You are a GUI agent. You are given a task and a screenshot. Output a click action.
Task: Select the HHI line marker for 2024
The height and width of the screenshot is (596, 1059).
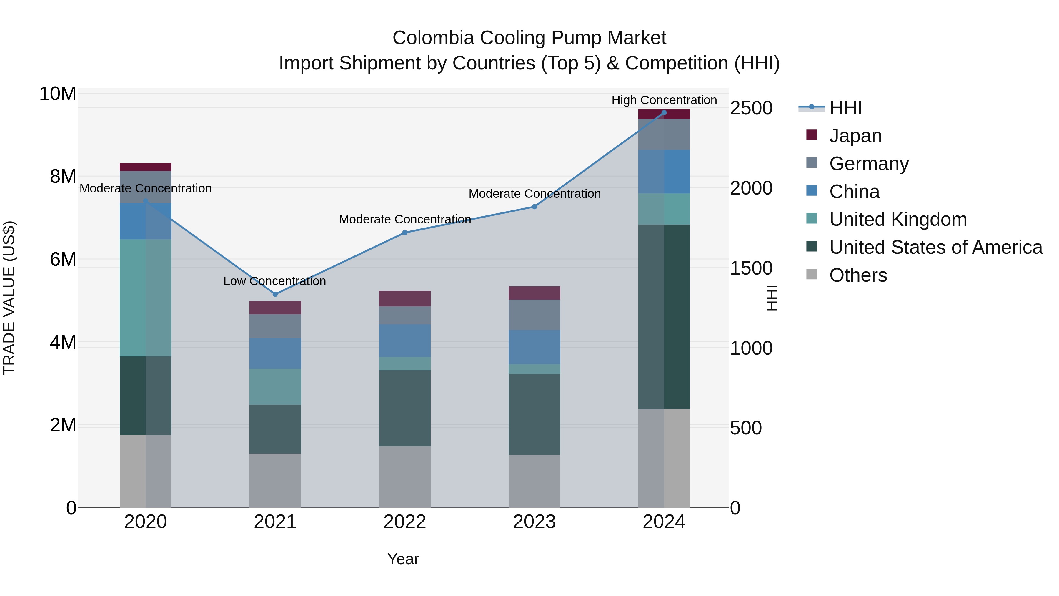point(664,113)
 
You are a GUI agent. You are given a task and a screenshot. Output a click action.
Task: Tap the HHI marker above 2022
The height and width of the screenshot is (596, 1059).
point(404,233)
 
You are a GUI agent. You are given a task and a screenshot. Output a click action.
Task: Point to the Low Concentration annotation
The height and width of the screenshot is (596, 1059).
point(275,281)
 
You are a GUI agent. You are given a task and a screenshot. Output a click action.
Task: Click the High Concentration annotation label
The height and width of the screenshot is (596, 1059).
point(664,100)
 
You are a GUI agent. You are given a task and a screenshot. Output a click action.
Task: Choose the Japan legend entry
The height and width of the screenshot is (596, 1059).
point(855,136)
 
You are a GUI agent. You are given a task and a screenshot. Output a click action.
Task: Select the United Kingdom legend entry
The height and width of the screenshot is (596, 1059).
point(898,219)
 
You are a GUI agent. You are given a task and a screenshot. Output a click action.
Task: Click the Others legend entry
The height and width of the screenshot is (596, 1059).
point(858,275)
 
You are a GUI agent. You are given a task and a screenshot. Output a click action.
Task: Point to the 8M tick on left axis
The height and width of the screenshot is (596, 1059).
point(63,177)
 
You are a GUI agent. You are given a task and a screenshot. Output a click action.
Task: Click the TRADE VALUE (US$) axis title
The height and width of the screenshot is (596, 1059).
point(9,298)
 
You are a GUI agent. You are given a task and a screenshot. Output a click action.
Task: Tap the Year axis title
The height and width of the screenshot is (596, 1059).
point(403,559)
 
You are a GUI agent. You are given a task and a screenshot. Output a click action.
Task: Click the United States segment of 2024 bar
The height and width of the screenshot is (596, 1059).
point(664,317)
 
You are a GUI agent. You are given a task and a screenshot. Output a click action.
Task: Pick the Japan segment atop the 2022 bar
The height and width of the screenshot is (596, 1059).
point(404,299)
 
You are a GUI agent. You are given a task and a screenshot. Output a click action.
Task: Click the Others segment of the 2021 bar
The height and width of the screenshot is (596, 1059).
point(275,480)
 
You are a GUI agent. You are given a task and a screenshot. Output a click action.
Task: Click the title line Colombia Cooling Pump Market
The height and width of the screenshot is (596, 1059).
point(529,38)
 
